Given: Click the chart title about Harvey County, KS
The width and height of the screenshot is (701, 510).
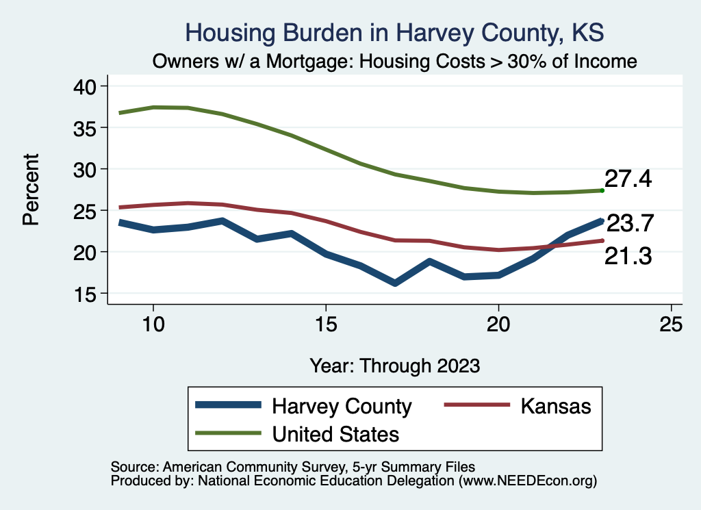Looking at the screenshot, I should point(395,33).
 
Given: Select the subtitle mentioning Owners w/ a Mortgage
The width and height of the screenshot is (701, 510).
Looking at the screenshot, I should point(395,62).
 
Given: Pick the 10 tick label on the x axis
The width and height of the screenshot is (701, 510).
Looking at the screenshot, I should point(153,324).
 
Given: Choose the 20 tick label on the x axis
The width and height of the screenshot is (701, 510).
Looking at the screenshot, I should point(498,324).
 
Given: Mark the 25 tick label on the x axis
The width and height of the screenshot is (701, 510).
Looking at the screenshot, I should point(671,324).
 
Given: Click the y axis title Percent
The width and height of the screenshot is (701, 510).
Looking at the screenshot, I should point(30,190).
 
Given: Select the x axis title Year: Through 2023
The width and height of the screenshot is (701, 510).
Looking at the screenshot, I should point(395,365).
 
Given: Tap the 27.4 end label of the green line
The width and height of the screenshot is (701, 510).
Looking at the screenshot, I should point(628,179).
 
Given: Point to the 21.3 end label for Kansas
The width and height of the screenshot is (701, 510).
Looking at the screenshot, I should point(628,257).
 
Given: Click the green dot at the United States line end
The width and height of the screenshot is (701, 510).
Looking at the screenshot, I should point(602,190).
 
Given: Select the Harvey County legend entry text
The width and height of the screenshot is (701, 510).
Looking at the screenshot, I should point(342,406).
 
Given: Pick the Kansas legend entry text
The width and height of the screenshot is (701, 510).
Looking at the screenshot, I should point(556,406).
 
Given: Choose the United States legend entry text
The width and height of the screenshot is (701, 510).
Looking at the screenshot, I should point(335,433).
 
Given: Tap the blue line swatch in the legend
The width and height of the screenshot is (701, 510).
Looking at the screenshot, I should point(228,405).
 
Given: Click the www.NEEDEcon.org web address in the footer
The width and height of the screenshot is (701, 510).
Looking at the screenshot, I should point(528,481).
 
